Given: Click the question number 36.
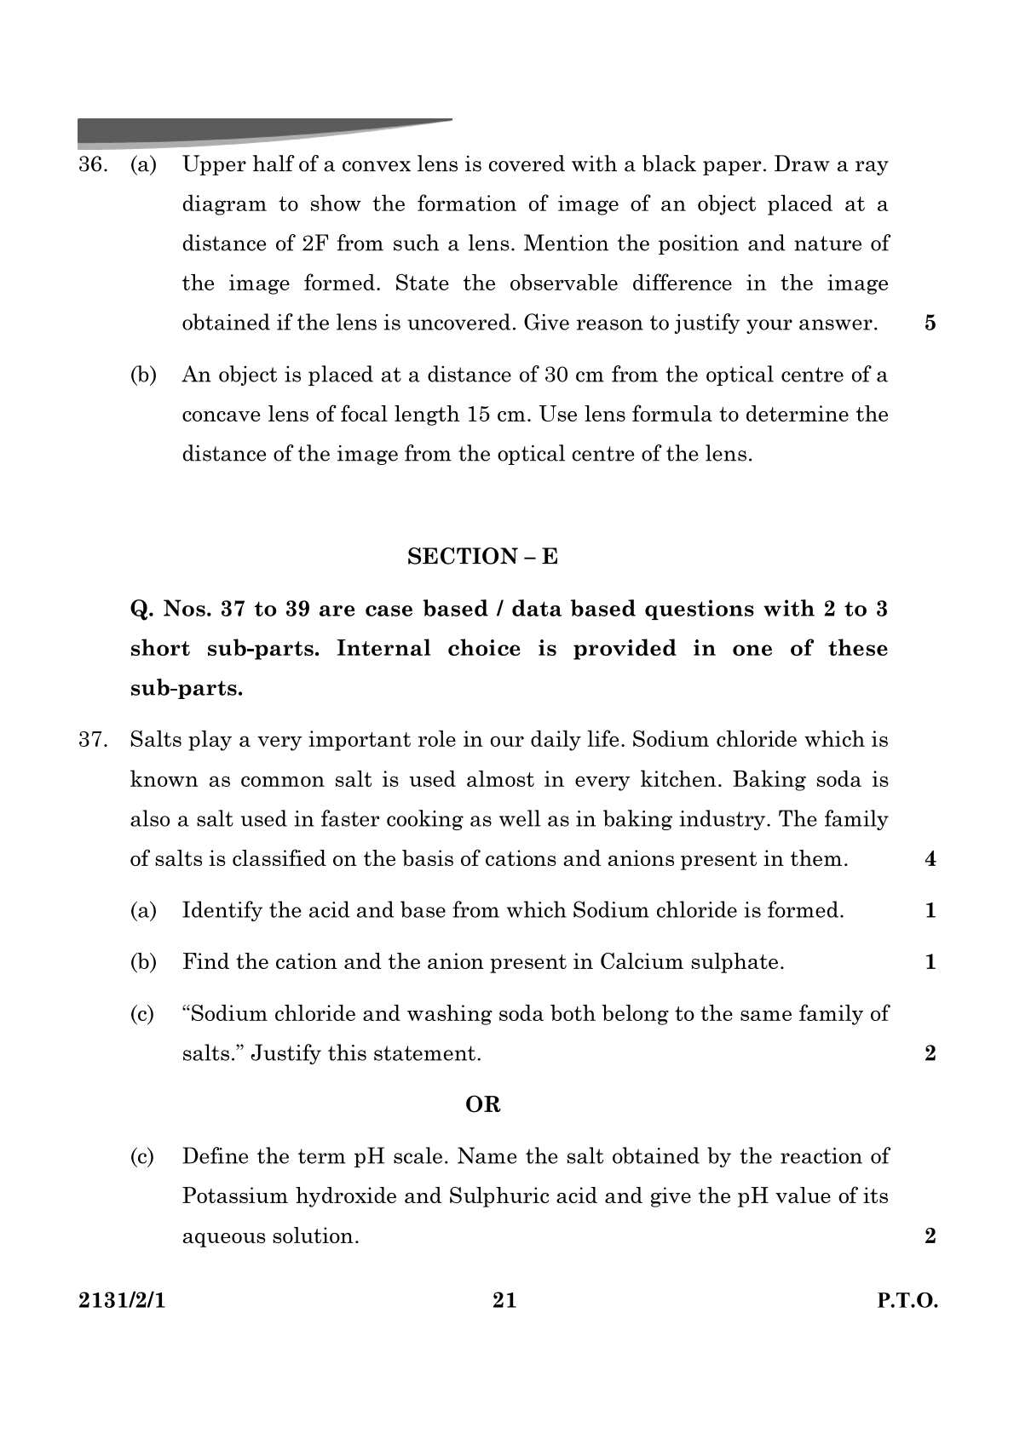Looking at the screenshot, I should pos(92,164).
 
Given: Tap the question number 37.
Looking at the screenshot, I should pos(92,740).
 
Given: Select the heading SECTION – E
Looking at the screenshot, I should pos(482,557).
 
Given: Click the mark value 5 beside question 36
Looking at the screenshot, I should pos(930,323).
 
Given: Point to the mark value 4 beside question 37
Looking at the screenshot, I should pos(930,859).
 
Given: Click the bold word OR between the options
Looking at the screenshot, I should pos(483,1105).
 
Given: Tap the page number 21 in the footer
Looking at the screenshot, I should pos(504,1300).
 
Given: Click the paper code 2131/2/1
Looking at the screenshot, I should pos(118,1301).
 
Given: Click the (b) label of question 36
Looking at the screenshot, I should pos(143,375).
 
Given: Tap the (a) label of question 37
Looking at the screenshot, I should pos(143,910).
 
